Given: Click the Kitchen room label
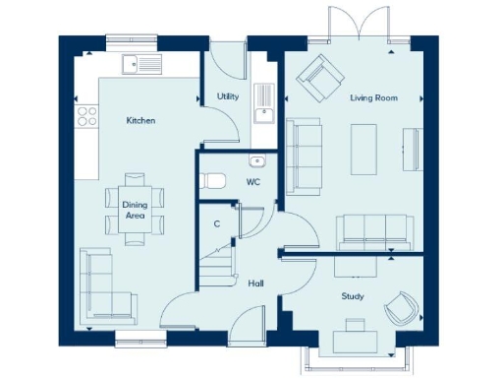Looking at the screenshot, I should point(140,120).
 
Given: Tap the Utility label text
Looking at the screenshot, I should point(227,96).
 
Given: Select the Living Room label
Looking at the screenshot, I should point(372,97).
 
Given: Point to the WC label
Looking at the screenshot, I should point(252,182).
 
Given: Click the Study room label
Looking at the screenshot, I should point(352,295).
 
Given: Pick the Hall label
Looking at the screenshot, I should point(255,283).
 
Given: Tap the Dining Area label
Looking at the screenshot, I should point(134,210).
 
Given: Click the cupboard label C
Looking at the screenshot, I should point(216,223).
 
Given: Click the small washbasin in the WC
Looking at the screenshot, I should point(257,161).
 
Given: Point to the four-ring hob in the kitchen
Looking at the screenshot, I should point(86,115).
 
